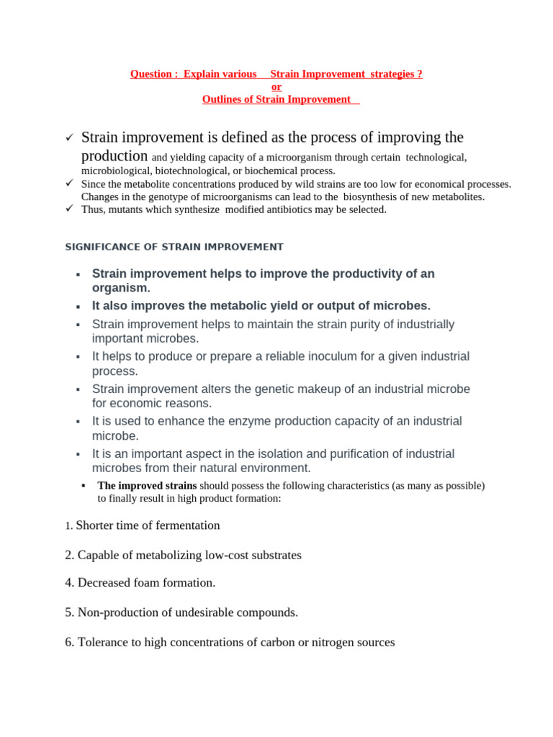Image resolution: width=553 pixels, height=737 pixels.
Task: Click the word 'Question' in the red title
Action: coord(150,74)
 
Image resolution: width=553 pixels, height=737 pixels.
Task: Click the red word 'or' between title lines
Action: coord(276,87)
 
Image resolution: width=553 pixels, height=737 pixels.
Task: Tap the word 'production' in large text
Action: coord(114,155)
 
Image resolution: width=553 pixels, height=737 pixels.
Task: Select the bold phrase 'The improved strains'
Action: coord(147,486)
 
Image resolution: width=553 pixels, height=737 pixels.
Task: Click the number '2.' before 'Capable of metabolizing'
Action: coord(69,556)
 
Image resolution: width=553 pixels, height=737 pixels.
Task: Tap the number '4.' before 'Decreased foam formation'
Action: coord(69,583)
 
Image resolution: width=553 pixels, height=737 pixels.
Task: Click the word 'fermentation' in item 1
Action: coord(186,525)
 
